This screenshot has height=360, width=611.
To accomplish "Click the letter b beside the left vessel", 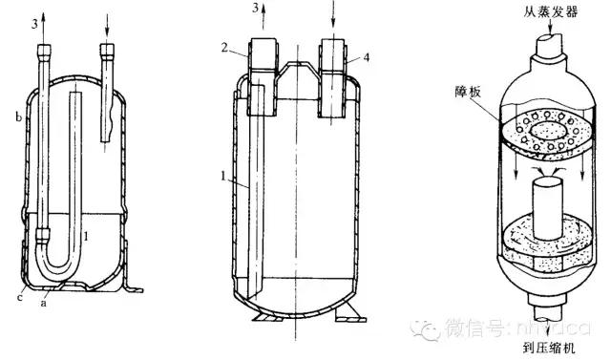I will (18, 118).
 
